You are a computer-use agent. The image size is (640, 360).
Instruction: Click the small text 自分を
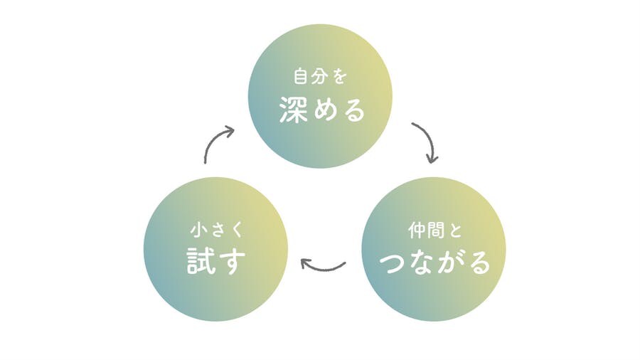pyautogui.click(x=321, y=76)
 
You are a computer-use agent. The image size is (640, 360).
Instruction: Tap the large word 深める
pyautogui.click(x=322, y=110)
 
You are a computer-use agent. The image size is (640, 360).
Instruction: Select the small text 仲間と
pyautogui.click(x=434, y=231)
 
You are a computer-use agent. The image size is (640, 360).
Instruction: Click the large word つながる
pyautogui.click(x=434, y=263)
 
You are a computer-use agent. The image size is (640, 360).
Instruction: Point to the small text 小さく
pyautogui.click(x=216, y=230)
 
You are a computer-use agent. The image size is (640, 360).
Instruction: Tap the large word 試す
pyautogui.click(x=216, y=262)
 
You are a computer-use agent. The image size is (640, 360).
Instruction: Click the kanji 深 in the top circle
pyautogui.click(x=293, y=110)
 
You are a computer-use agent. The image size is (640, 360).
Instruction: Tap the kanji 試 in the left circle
pyautogui.click(x=201, y=262)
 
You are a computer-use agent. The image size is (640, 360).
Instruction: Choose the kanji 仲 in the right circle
pyautogui.click(x=417, y=231)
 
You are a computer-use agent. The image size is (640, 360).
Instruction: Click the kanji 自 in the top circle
pyautogui.click(x=302, y=76)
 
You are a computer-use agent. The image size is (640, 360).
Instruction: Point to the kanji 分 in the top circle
pyautogui.click(x=319, y=76)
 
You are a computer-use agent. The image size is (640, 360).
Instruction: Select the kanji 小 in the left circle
pyautogui.click(x=198, y=230)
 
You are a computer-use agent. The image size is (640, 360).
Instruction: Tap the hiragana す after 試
pyautogui.click(x=232, y=262)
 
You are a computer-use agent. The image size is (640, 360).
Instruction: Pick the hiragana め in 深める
pyautogui.click(x=322, y=110)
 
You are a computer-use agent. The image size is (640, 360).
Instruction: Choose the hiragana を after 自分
pyautogui.click(x=340, y=77)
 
